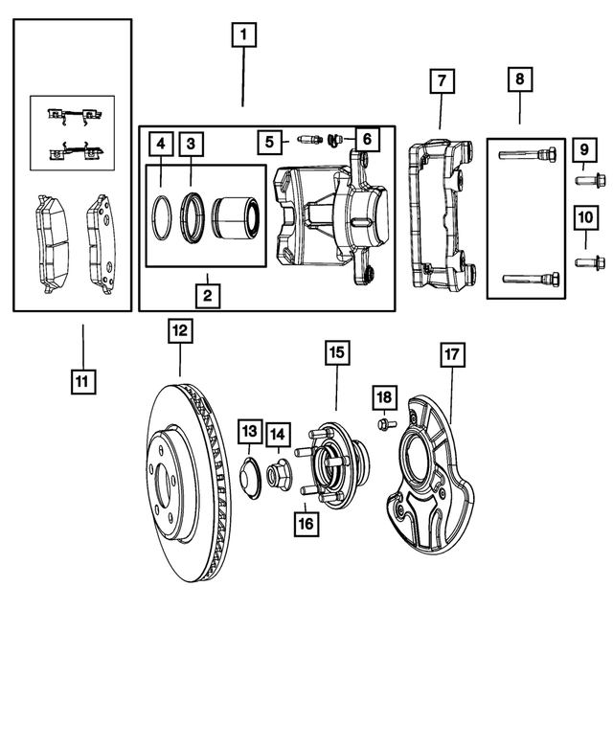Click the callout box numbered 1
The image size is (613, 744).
point(243,36)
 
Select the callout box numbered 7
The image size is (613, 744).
point(441,81)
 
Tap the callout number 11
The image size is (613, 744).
point(82,381)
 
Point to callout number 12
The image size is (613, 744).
point(180,331)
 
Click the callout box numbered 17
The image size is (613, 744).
point(452,354)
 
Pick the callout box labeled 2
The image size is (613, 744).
point(206,294)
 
